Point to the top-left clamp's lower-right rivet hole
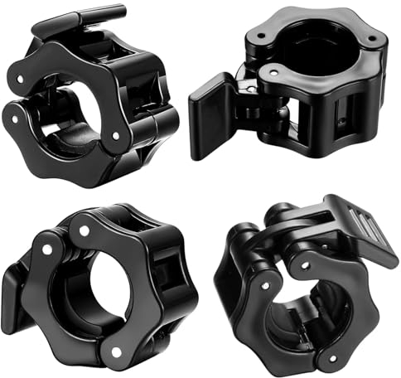click(115, 133)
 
